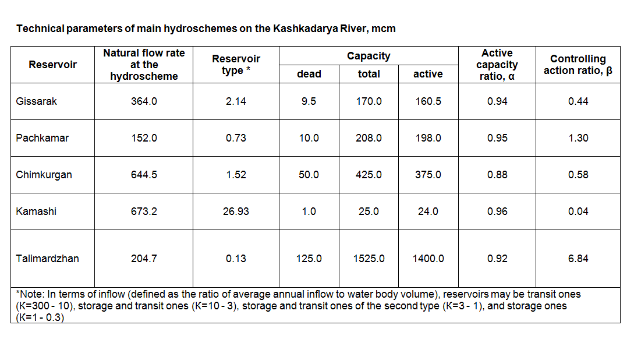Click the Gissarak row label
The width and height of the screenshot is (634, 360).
point(37,101)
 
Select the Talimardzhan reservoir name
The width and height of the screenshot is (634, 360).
point(47,259)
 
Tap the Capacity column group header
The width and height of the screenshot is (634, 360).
point(369,56)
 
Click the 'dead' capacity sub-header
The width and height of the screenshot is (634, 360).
point(309,74)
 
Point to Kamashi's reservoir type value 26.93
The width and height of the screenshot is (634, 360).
point(236,211)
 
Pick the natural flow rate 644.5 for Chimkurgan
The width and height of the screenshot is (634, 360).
point(144,175)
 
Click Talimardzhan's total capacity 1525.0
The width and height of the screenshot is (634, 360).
point(369,259)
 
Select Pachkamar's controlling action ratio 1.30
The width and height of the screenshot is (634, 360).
point(578,138)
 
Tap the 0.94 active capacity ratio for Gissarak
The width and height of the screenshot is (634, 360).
point(497,101)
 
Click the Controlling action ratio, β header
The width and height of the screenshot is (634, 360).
point(578,65)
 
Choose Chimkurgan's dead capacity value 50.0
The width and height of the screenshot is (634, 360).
point(309,175)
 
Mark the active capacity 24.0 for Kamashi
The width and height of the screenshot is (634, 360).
point(428,211)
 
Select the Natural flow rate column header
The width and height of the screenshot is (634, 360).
point(144,65)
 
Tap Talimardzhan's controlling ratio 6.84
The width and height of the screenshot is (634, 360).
point(578,259)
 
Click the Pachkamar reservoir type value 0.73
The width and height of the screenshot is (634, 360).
point(236,138)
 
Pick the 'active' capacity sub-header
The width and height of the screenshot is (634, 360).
point(428,74)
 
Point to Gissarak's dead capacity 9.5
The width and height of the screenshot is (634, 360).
point(309,101)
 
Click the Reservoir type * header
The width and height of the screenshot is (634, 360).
point(236,65)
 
